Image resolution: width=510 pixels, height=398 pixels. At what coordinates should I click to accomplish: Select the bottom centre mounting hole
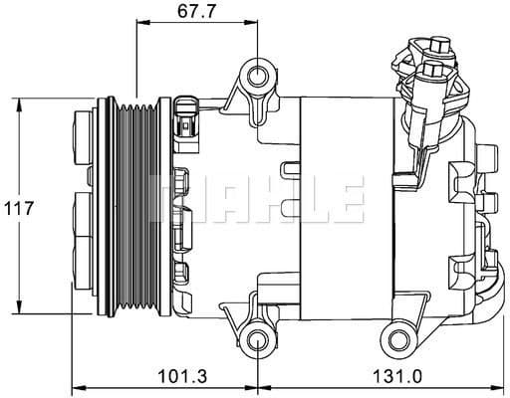click(257, 340)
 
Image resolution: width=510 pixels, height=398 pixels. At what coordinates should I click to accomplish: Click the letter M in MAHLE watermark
click(171, 197)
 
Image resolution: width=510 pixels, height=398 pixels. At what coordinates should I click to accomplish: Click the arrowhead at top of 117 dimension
click(18, 103)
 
